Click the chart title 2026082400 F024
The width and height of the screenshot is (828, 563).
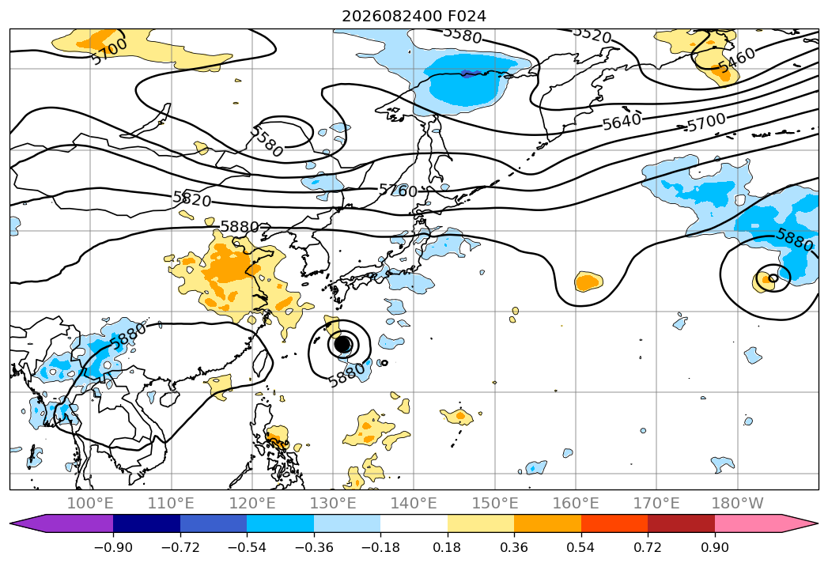[414, 17]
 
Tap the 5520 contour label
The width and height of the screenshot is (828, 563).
[592, 35]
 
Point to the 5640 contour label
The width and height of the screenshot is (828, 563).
[622, 122]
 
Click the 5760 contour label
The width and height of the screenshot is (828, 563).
[398, 191]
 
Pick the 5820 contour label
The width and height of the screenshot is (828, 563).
[192, 199]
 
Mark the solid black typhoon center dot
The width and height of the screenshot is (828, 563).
[343, 344]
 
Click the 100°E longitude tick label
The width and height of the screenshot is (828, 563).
[90, 503]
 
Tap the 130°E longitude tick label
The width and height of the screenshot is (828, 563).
[333, 503]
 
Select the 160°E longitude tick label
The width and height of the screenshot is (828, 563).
[576, 503]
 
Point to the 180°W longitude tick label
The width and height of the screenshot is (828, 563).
[737, 503]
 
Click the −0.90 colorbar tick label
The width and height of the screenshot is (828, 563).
[113, 547]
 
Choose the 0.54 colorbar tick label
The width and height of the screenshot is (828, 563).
[580, 547]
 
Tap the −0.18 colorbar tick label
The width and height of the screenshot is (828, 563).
[380, 547]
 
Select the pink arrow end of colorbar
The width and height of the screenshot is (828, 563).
[800, 523]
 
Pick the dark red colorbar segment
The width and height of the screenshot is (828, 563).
[681, 523]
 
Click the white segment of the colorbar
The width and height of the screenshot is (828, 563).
[414, 523]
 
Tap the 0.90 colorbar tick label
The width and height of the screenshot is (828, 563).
[714, 547]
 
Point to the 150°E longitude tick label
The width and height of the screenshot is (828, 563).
[495, 503]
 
